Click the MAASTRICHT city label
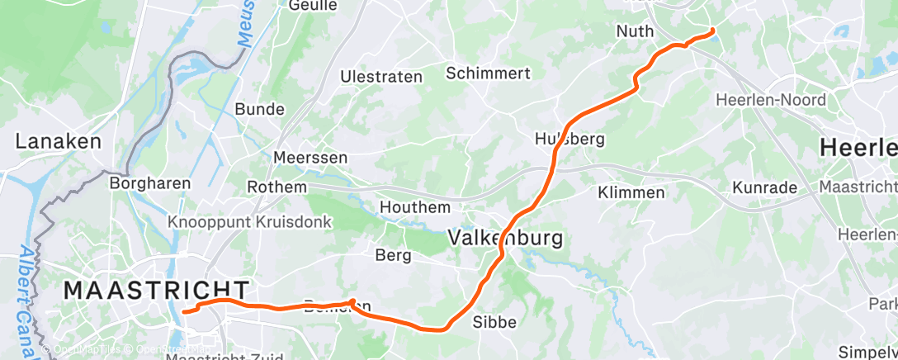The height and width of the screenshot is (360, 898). [156, 290]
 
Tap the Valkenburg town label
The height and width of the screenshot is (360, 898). [505, 239]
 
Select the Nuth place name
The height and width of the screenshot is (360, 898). [635, 31]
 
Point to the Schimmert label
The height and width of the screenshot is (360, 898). [488, 73]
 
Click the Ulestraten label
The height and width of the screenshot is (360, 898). [381, 77]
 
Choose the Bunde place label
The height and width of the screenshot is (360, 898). [259, 109]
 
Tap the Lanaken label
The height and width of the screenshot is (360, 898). [58, 141]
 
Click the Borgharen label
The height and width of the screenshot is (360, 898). [150, 183]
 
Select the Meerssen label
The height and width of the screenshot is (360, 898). [310, 157]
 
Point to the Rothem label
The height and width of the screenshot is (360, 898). [276, 187]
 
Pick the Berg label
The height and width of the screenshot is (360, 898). [393, 255]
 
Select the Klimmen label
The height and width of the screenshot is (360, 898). [631, 192]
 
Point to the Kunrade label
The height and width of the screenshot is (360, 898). [764, 187]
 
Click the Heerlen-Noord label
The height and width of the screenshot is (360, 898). [770, 100]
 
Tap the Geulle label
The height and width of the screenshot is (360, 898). [313, 6]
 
